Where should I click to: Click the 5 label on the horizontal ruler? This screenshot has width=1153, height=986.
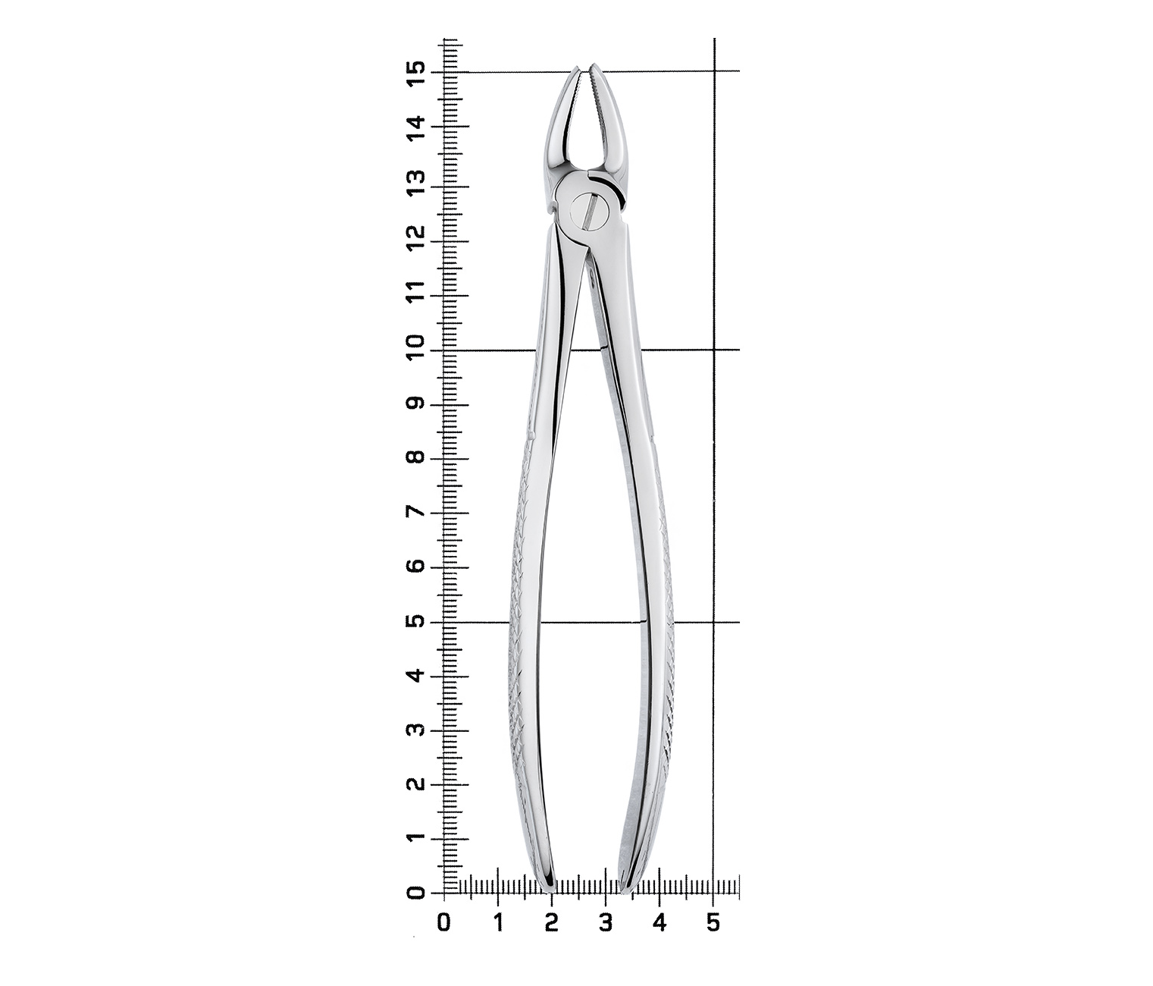pyautogui.click(x=713, y=924)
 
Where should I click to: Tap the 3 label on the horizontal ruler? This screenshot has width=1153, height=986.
pyautogui.click(x=605, y=924)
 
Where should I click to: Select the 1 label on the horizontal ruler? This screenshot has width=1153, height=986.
pyautogui.click(x=499, y=924)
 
